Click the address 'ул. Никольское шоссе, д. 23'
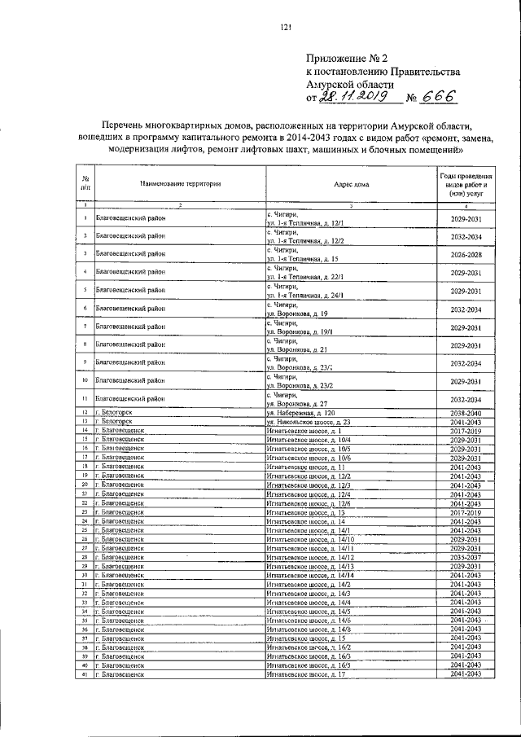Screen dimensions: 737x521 point(309,423)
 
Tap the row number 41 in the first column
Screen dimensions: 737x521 point(85,674)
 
